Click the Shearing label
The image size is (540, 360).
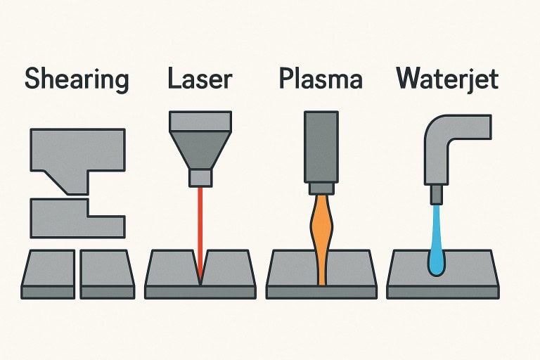point(77,79)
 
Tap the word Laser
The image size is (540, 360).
point(200,79)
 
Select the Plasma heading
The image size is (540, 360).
point(321,79)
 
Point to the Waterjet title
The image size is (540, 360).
point(447,79)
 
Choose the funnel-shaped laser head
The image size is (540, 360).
point(201,141)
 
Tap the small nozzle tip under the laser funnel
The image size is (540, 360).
point(201,177)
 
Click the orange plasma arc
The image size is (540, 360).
point(321,232)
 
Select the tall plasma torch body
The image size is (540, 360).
point(321,148)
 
